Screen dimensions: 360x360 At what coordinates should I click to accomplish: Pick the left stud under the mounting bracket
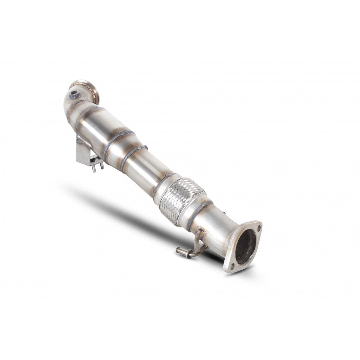coord(94,168)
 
